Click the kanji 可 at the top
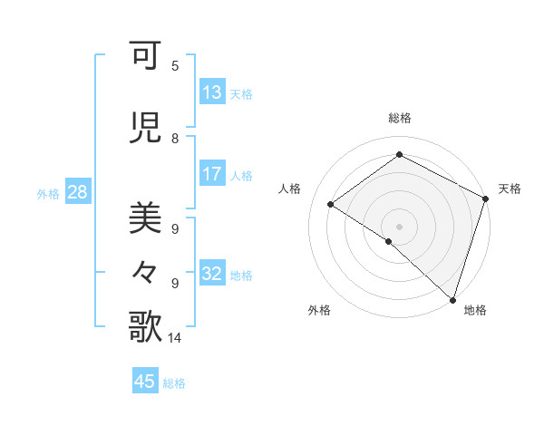tap(146, 57)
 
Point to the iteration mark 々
tap(146, 271)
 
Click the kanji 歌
tap(146, 326)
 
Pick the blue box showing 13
tap(212, 93)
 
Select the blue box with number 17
tap(212, 175)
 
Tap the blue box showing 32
tap(212, 274)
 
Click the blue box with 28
tap(76, 193)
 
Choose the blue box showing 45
tap(145, 382)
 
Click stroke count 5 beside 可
tap(175, 66)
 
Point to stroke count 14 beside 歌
tap(175, 338)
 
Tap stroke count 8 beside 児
tap(175, 139)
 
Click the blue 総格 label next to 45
tap(174, 383)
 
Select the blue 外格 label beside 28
tap(48, 194)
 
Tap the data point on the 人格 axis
tap(331, 204)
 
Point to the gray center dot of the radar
tap(399, 226)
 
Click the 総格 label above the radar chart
tap(399, 118)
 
